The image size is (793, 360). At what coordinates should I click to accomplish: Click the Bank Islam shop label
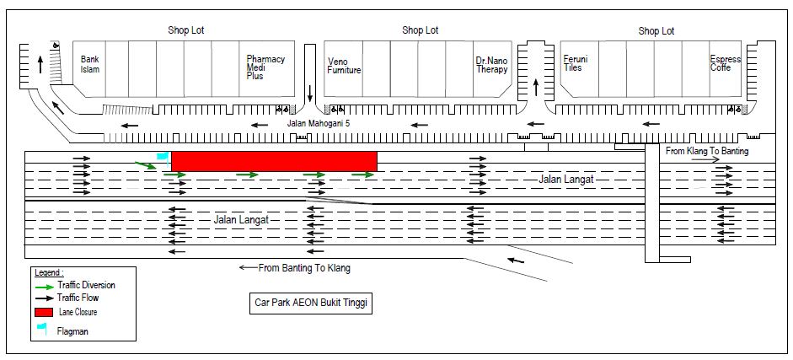pos(90,64)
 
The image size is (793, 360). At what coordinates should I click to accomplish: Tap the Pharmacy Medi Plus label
pos(265,67)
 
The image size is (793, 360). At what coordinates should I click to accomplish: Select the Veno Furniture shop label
pos(344,67)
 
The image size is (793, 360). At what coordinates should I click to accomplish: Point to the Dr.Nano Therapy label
pos(491,65)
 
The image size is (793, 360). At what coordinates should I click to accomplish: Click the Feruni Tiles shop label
pos(576,63)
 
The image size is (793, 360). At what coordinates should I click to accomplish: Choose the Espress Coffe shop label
pos(726,63)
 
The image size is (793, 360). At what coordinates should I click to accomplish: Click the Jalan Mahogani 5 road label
pos(319,123)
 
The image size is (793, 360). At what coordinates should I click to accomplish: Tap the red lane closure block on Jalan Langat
pos(274,161)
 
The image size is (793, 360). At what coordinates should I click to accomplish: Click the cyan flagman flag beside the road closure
pos(163,158)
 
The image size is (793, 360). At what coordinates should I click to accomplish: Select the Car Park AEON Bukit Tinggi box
pos(311,304)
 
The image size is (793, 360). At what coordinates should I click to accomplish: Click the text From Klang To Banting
pos(707,151)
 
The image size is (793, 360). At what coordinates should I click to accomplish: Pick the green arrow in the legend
pos(44,286)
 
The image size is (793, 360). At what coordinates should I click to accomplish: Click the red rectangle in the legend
pos(44,312)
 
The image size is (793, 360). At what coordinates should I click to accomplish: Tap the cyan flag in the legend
pos(42,329)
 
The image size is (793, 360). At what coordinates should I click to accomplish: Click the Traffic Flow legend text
pos(78,298)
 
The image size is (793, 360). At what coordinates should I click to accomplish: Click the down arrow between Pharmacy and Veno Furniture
pos(309,93)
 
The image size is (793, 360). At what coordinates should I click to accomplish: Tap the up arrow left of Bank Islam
pos(40,64)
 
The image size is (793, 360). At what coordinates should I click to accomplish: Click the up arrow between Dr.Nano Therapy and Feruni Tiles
pos(536,87)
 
